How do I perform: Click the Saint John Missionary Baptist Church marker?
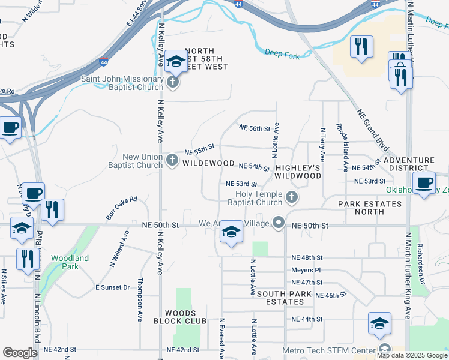click(173, 82)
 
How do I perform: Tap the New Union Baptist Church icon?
click(172, 160)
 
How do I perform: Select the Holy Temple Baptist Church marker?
click(291, 197)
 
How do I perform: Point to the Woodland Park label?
click(70, 262)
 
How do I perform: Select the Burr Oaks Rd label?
click(122, 206)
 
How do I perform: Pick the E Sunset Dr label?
click(113, 287)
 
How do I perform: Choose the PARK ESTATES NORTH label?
click(369, 208)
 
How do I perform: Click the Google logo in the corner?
click(19, 352)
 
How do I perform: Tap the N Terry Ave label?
click(322, 144)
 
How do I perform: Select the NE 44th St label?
click(307, 319)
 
